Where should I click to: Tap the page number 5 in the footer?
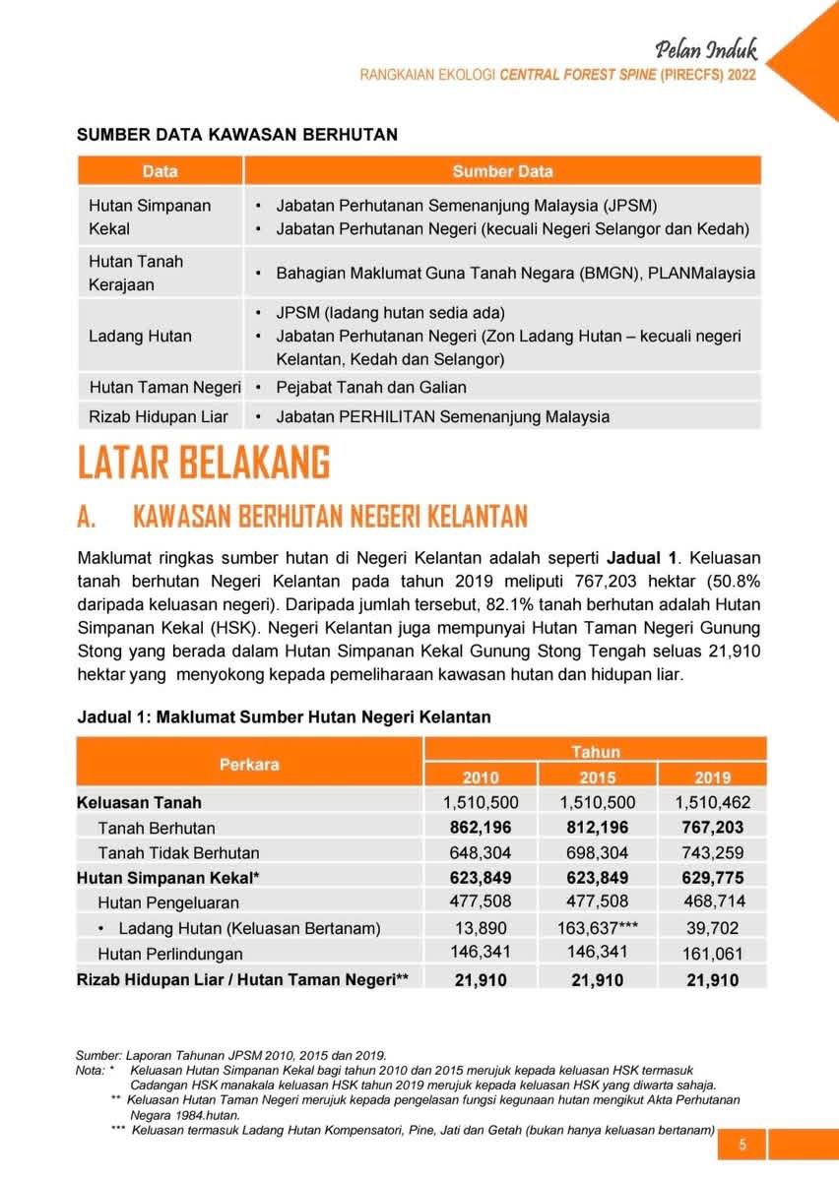tap(743, 1145)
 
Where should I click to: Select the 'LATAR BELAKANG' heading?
tap(204, 463)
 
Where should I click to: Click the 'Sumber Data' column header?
tap(502, 171)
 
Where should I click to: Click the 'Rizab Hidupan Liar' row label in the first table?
tap(159, 416)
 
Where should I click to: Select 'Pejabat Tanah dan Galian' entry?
tap(371, 387)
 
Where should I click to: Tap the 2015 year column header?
tap(598, 777)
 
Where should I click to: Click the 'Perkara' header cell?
tap(249, 764)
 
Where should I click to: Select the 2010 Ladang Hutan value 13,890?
tap(481, 927)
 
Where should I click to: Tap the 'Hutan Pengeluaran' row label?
tap(168, 902)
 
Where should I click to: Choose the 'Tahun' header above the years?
tap(597, 752)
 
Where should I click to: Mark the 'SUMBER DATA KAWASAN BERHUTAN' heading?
tap(237, 135)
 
